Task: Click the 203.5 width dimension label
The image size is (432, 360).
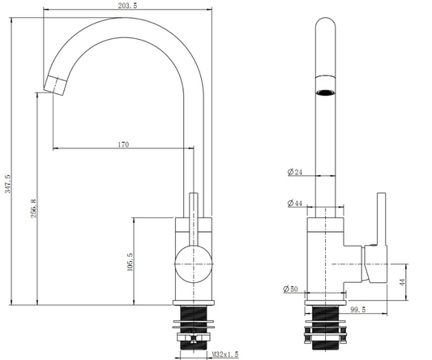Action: pos(127,6)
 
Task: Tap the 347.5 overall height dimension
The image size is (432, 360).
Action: pos(8,183)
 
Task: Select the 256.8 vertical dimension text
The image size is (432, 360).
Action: pos(33,208)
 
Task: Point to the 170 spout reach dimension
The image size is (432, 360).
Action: pos(123,144)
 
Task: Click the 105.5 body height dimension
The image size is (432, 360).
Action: pos(130,262)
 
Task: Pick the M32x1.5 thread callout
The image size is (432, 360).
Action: pos(225,354)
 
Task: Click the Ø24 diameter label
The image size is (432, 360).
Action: pos(295,172)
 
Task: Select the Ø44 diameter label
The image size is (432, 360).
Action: pos(295,204)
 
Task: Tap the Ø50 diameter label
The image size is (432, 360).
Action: pos(291,289)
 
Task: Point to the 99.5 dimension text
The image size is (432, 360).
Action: pos(358,310)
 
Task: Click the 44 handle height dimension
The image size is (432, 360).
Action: pos(403,282)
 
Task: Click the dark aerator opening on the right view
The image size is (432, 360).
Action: pos(325,92)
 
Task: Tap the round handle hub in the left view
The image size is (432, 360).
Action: pos(194,264)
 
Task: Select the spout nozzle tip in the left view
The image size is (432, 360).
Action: pos(55,85)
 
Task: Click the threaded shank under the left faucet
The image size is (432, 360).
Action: pos(194,328)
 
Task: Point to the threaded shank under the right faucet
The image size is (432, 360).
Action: pos(326,328)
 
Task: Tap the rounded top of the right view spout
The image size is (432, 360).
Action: pos(325,22)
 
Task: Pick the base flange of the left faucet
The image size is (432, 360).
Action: pos(194,302)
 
